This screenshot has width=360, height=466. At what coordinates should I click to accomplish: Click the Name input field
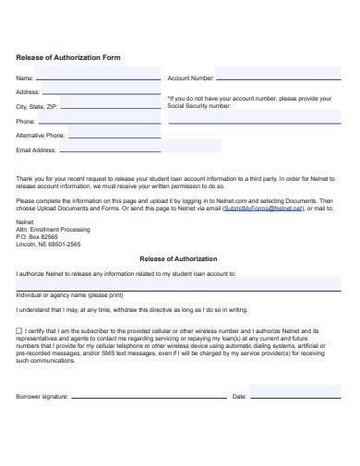tap(97, 78)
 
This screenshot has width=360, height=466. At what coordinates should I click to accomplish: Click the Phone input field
tap(98, 121)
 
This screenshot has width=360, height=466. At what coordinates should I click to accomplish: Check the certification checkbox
tap(20, 330)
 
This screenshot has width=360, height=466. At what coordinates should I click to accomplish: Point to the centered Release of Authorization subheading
tap(178, 259)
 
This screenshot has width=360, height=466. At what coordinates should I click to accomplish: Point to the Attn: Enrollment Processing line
tap(52, 229)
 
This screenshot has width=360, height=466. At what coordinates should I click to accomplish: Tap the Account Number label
tap(190, 78)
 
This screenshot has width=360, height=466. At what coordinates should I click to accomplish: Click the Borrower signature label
tap(42, 397)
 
